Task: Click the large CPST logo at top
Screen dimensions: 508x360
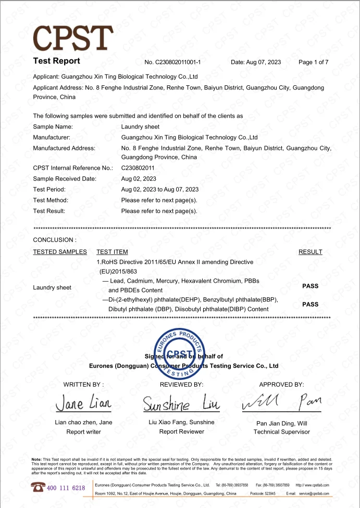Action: coord(73,37)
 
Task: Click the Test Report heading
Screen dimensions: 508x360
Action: coord(56,61)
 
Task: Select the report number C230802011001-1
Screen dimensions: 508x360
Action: coord(172,62)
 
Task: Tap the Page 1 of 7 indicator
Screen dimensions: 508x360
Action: coord(313,62)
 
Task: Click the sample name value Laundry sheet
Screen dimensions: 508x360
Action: coord(140,126)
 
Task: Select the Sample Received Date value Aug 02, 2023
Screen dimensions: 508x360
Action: coord(138,179)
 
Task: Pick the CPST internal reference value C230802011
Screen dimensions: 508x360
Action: coord(138,168)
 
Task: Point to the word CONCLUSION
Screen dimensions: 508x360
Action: coord(54,240)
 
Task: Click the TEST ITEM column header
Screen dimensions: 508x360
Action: coord(112,252)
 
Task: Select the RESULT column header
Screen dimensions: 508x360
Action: coord(310,252)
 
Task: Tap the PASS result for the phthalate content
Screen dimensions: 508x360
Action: coord(310,304)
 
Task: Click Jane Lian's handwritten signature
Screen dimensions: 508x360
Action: coord(83,403)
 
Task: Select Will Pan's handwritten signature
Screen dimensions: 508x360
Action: coord(281,402)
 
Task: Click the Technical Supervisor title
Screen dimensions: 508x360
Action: coord(281,432)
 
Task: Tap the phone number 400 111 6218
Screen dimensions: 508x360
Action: coord(66,488)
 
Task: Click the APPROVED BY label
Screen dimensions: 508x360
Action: coord(281,385)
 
